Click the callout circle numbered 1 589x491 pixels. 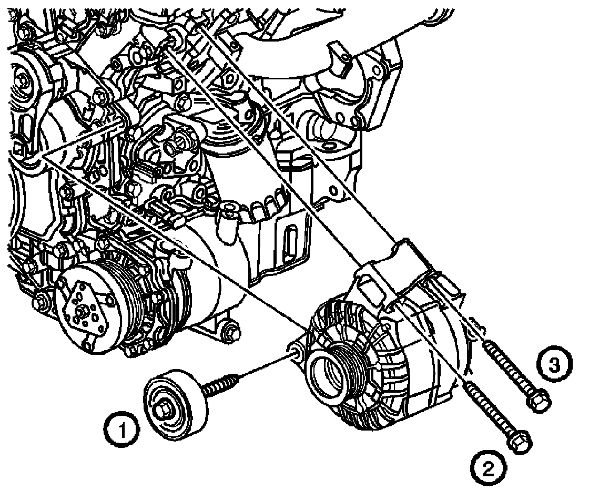(122, 431)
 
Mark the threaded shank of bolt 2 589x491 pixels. (489, 408)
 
